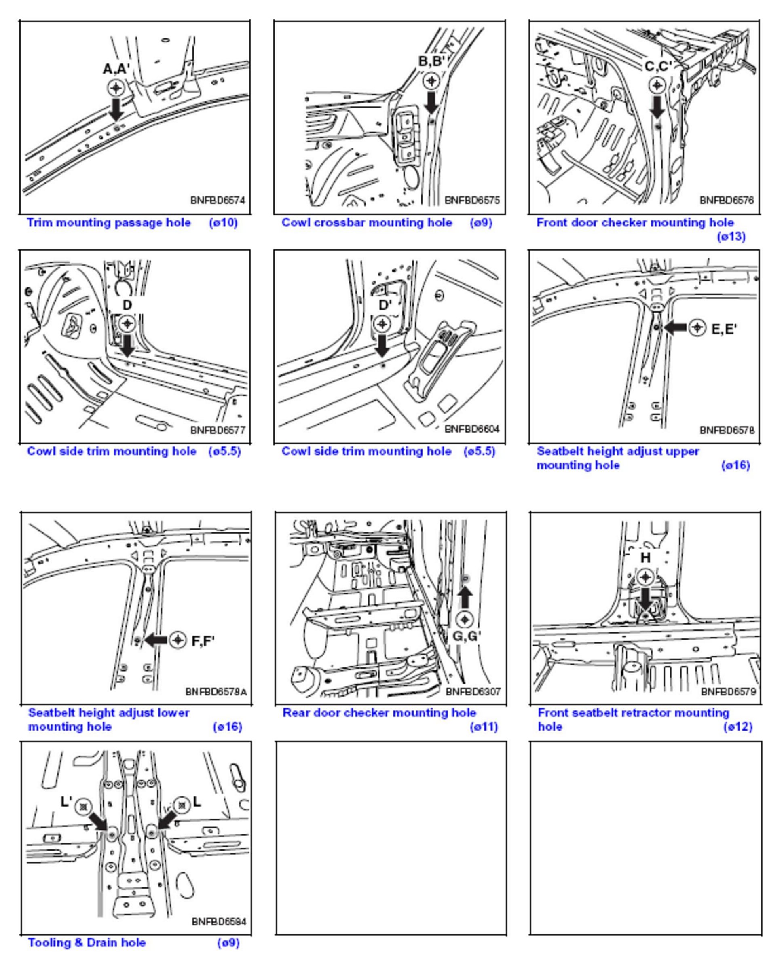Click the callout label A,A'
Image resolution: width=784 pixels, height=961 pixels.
point(116,69)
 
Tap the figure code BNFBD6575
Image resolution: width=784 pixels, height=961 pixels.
point(472,200)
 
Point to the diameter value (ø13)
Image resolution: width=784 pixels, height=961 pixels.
point(731,236)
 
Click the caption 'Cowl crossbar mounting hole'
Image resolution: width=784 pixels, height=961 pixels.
point(367,223)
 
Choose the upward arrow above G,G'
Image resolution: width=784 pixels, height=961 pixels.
point(465,597)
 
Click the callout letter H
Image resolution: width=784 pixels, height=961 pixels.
point(645,558)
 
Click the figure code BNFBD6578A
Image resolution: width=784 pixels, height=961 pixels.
point(216,692)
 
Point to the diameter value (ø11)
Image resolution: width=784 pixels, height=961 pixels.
point(484,727)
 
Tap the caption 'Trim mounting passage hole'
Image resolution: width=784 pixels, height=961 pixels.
point(108,223)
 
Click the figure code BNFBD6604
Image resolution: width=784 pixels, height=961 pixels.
point(472,429)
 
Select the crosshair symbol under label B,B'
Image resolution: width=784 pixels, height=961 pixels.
point(431,81)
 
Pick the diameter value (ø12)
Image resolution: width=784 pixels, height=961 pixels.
point(738,727)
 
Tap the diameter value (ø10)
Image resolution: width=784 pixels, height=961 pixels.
point(223,223)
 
